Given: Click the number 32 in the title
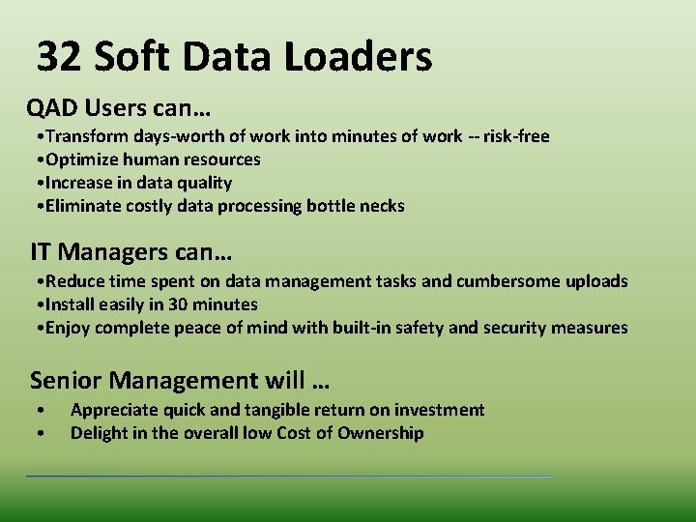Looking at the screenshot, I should (59, 58).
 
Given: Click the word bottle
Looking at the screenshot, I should (333, 206).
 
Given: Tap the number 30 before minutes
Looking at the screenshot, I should (179, 304).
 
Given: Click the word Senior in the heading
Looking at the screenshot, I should (63, 380).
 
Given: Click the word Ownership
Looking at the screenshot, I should (380, 433).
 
